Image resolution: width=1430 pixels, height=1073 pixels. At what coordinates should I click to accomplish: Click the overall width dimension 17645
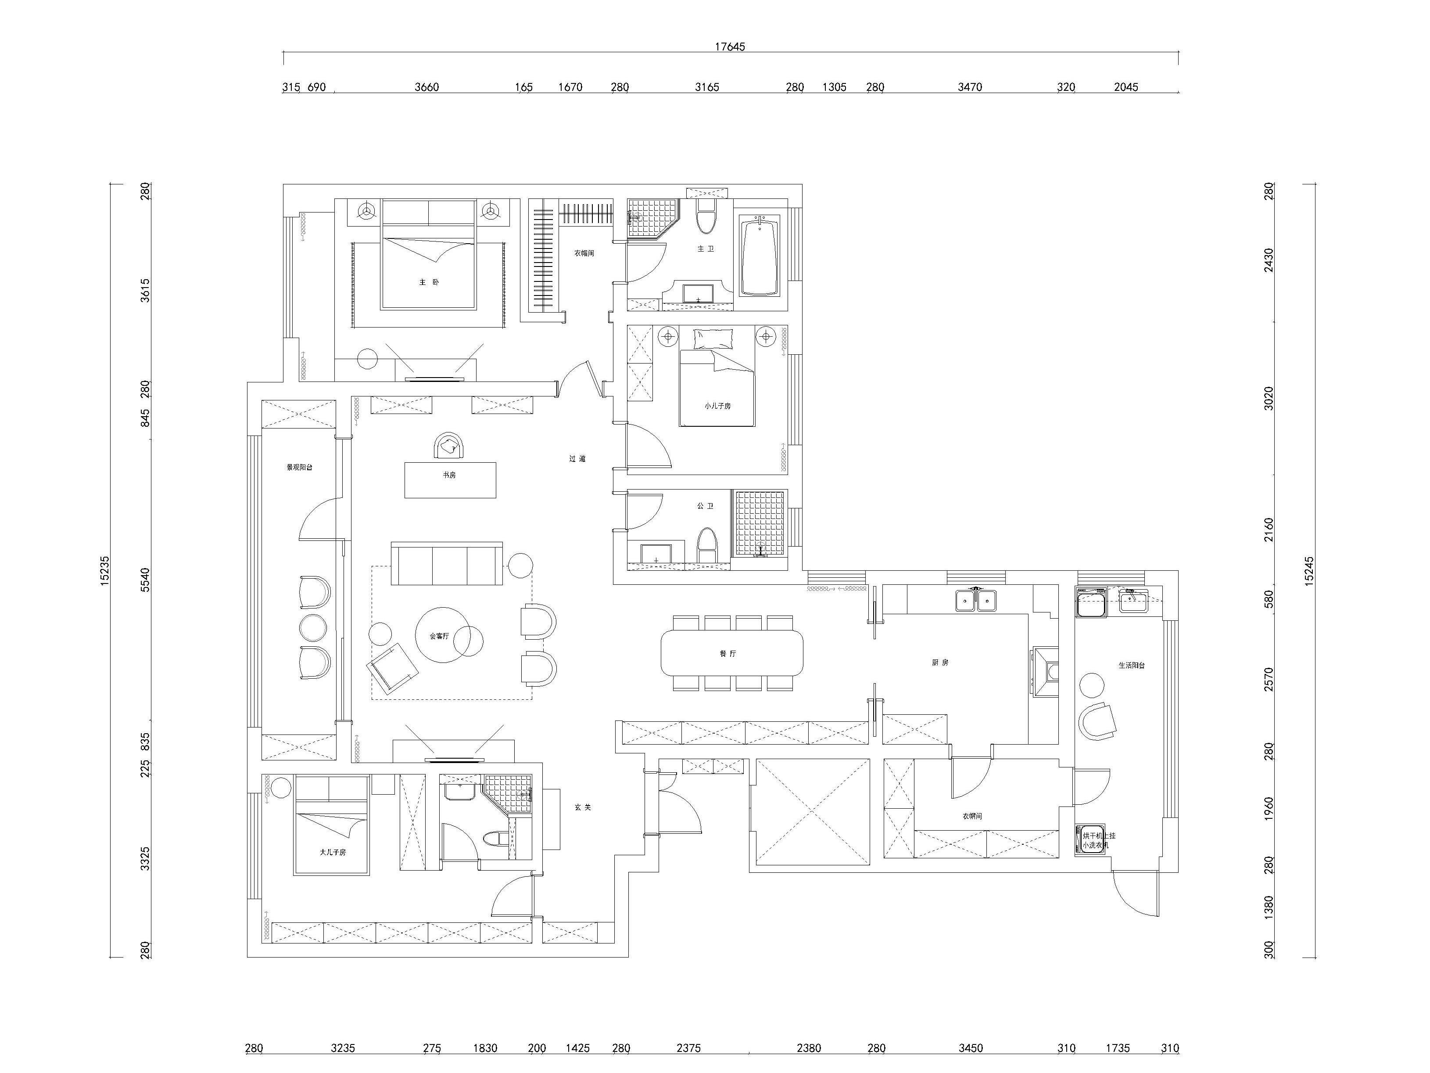(729, 47)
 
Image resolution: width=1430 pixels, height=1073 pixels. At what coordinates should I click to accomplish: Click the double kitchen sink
(976, 601)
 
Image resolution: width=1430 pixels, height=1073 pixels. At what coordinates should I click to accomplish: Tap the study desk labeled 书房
(450, 480)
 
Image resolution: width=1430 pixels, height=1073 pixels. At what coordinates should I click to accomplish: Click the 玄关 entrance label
(582, 807)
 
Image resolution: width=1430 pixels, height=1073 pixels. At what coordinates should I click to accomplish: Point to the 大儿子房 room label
(333, 852)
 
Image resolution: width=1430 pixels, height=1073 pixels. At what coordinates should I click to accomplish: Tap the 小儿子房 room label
(717, 406)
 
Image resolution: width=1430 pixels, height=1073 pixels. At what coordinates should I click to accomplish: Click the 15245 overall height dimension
(1308, 571)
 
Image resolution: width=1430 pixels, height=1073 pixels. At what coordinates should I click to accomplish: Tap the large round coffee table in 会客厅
(443, 635)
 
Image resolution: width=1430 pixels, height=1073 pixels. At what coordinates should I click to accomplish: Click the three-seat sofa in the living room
(447, 564)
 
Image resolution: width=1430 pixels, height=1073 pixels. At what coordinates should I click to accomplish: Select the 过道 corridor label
(577, 458)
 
